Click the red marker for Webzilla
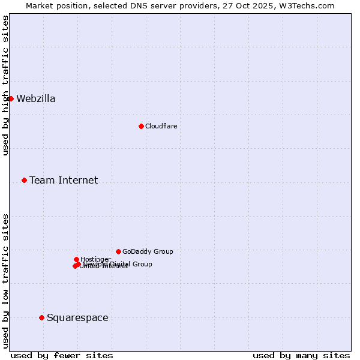[11, 98]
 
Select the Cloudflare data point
[141, 126]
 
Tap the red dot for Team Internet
[24, 180]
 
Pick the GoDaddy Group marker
[118, 251]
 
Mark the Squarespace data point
[41, 317]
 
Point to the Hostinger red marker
[76, 259]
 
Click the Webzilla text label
[36, 99]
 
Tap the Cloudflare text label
[161, 127]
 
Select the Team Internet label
[64, 181]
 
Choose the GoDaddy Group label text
[148, 252]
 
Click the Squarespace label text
[77, 318]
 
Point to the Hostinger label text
[95, 259]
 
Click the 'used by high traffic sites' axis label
[5, 85]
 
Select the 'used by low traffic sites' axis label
[5, 280]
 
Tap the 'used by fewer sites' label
[62, 355]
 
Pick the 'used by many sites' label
[301, 355]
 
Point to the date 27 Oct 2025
[256, 5]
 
